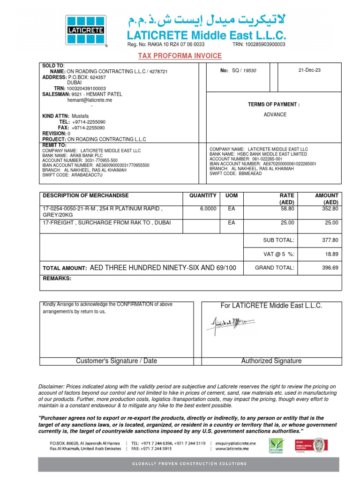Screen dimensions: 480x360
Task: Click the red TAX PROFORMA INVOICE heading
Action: (x=180, y=56)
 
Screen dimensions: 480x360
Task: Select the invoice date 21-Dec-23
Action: (x=309, y=70)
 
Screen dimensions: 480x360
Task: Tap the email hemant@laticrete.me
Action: (x=90, y=100)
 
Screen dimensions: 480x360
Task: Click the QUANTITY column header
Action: (x=202, y=195)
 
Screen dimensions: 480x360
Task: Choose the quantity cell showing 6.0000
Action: (x=208, y=209)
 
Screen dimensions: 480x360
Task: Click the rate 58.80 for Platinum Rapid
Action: (x=287, y=209)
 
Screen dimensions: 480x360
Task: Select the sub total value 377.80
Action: (x=329, y=240)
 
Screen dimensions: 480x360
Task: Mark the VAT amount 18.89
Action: (x=331, y=254)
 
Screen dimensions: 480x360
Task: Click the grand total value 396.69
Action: (x=329, y=268)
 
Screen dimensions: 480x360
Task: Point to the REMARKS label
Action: (x=57, y=278)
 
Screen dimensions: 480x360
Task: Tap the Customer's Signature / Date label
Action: (x=116, y=361)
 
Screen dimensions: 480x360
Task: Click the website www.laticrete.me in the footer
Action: (x=233, y=449)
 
